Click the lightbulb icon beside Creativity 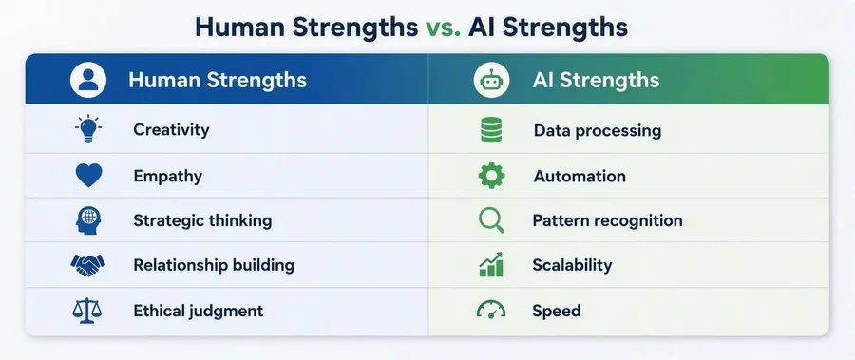(87, 129)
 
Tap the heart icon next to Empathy (88, 176)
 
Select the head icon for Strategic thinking (87, 221)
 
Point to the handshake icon (87, 266)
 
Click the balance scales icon (87, 311)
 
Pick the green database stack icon (491, 130)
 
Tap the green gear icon (491, 176)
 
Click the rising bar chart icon (491, 265)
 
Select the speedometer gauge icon (491, 310)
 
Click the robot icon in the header (491, 80)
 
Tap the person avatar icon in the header (88, 80)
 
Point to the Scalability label (572, 266)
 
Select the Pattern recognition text (607, 221)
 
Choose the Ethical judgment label (199, 311)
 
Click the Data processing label (598, 131)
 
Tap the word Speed (556, 312)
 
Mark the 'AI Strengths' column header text (596, 81)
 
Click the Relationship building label (214, 266)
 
